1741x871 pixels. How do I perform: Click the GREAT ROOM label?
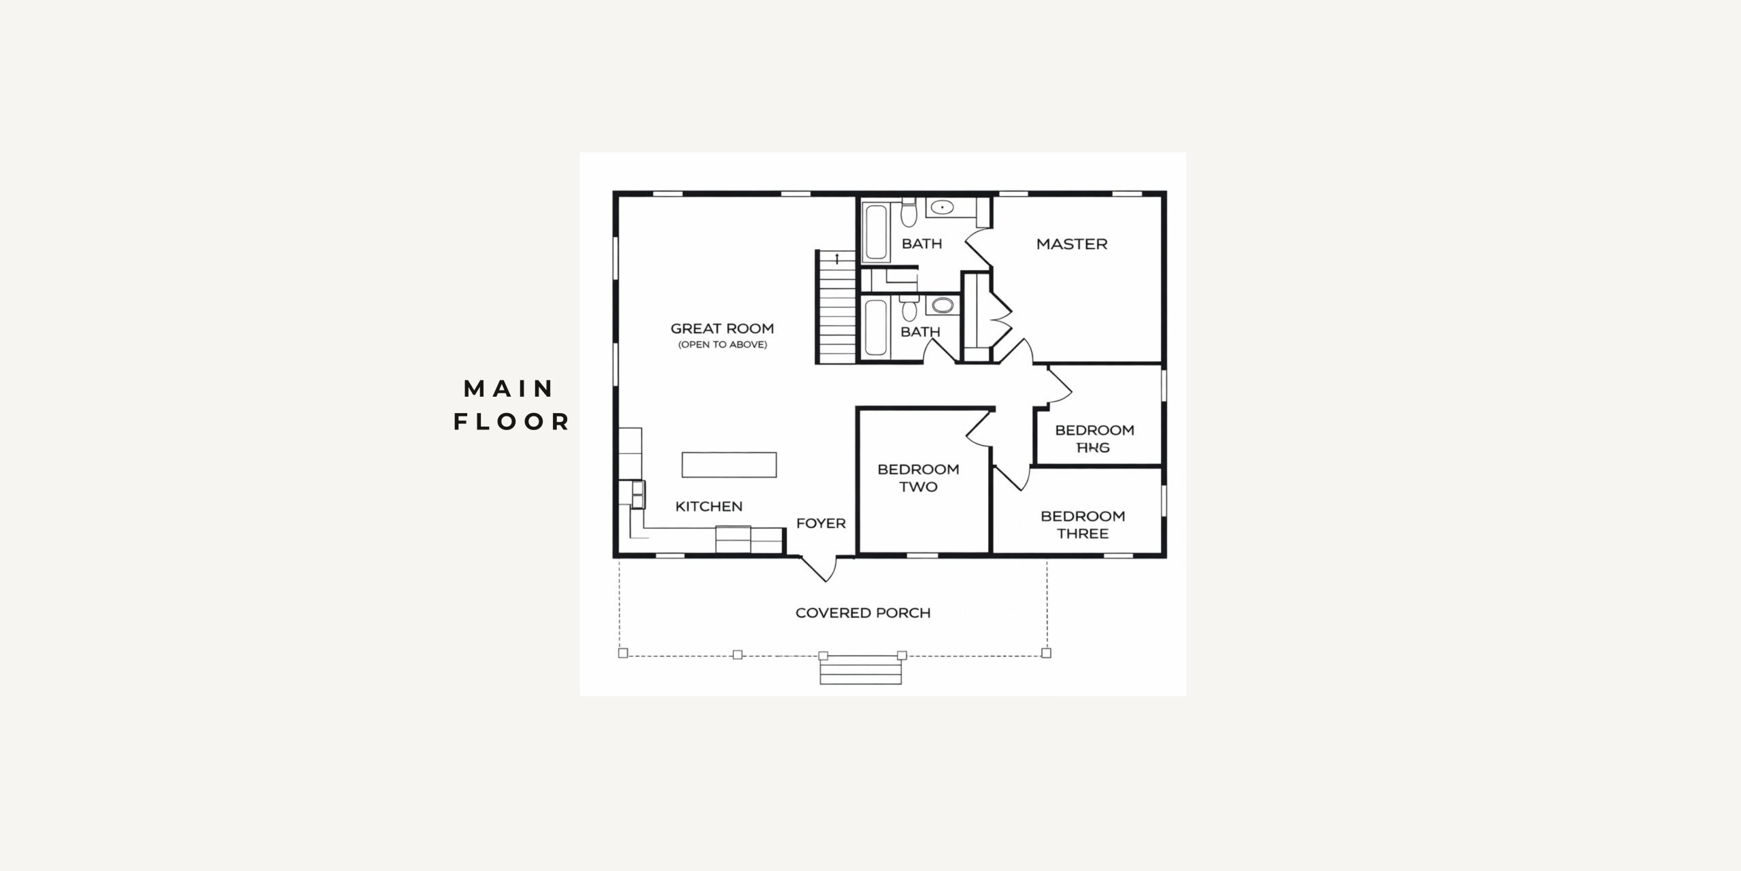click(722, 329)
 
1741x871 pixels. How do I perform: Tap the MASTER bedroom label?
click(1071, 244)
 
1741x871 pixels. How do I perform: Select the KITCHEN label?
click(709, 506)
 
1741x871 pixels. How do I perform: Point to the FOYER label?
click(821, 523)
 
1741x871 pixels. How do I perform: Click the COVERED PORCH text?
click(862, 613)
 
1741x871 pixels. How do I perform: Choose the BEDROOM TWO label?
click(918, 478)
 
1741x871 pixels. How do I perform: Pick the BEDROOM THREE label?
click(1083, 525)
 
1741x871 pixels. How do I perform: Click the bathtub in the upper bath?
click(876, 233)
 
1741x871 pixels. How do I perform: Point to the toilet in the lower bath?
click(909, 310)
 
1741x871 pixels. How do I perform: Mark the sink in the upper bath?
click(942, 208)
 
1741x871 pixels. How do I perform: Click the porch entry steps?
click(860, 672)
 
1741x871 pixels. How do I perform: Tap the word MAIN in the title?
click(508, 389)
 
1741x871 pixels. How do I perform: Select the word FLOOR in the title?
click(511, 422)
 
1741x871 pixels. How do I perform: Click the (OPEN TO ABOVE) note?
click(722, 345)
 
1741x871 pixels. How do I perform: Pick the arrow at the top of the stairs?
click(836, 258)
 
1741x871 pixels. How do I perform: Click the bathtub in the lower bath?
click(876, 328)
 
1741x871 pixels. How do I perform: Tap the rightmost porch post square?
click(1046, 653)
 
